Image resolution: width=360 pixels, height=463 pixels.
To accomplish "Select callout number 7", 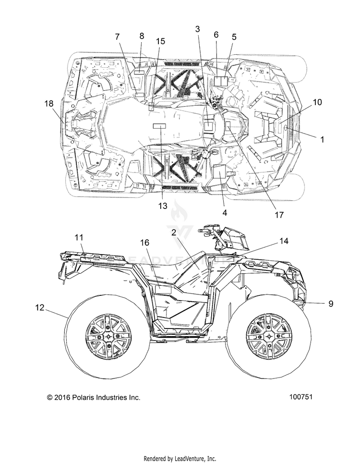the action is click(118, 37).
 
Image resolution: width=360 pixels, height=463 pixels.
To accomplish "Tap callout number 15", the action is click(161, 41).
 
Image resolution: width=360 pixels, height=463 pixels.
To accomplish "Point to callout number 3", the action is click(197, 29).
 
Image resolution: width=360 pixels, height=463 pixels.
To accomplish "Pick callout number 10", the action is click(317, 102).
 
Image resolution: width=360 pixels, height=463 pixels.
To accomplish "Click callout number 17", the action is click(279, 215).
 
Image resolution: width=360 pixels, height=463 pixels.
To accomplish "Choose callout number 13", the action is click(163, 206).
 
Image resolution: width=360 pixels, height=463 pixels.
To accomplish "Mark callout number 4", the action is click(225, 212).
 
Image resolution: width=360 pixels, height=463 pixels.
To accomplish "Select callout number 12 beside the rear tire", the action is click(39, 307).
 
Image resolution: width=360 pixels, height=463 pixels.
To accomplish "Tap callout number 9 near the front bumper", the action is click(331, 303).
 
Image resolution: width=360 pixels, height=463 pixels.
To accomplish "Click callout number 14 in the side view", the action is click(284, 241).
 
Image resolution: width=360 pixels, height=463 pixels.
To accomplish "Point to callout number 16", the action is click(144, 243).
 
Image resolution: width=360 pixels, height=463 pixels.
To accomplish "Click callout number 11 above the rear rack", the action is click(79, 237).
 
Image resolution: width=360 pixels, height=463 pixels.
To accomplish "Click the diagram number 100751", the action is click(300, 397).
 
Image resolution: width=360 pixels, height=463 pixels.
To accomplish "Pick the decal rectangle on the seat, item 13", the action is click(159, 126).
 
